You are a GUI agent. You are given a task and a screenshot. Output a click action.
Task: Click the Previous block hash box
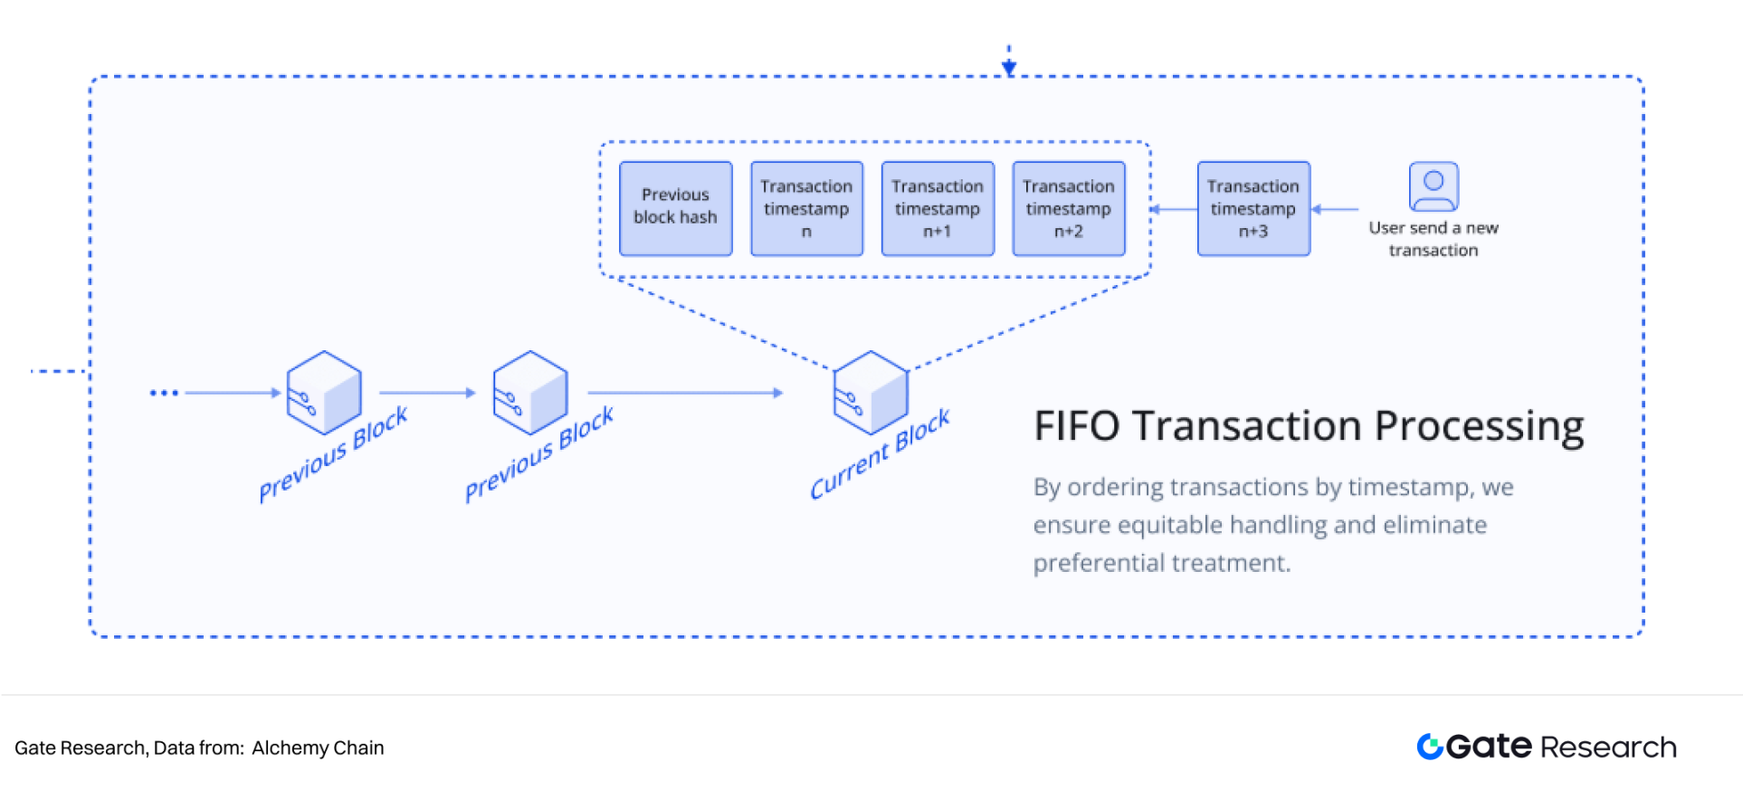pos(675,208)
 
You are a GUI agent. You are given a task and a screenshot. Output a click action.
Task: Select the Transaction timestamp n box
pos(806,208)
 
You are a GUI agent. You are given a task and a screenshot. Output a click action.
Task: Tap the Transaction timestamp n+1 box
pos(938,208)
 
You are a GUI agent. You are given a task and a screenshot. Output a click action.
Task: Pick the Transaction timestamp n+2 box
pos(1069,208)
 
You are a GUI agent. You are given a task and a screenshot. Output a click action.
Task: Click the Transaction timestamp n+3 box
pos(1253,208)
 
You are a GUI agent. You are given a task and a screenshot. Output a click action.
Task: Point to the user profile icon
pos(1433,186)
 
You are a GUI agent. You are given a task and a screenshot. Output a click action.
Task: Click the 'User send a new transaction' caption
pos(1433,239)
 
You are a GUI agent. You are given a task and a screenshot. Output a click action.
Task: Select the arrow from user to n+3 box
pos(1335,209)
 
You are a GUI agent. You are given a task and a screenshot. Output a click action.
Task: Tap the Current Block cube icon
pos(871,392)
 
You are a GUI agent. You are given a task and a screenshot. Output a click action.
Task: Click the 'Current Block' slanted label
pos(880,453)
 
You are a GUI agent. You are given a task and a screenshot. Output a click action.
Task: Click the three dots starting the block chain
pos(164,393)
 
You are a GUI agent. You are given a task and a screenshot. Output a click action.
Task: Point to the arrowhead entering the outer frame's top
pos(1009,68)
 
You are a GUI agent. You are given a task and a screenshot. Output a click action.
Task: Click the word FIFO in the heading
pos(1077,426)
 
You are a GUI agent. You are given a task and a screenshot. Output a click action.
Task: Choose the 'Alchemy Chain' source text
pos(318,748)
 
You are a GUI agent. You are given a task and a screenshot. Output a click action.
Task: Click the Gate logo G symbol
pos(1430,747)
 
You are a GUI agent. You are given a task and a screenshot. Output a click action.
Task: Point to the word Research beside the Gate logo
pos(1608,748)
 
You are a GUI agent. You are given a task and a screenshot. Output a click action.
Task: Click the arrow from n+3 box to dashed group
pos(1174,209)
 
